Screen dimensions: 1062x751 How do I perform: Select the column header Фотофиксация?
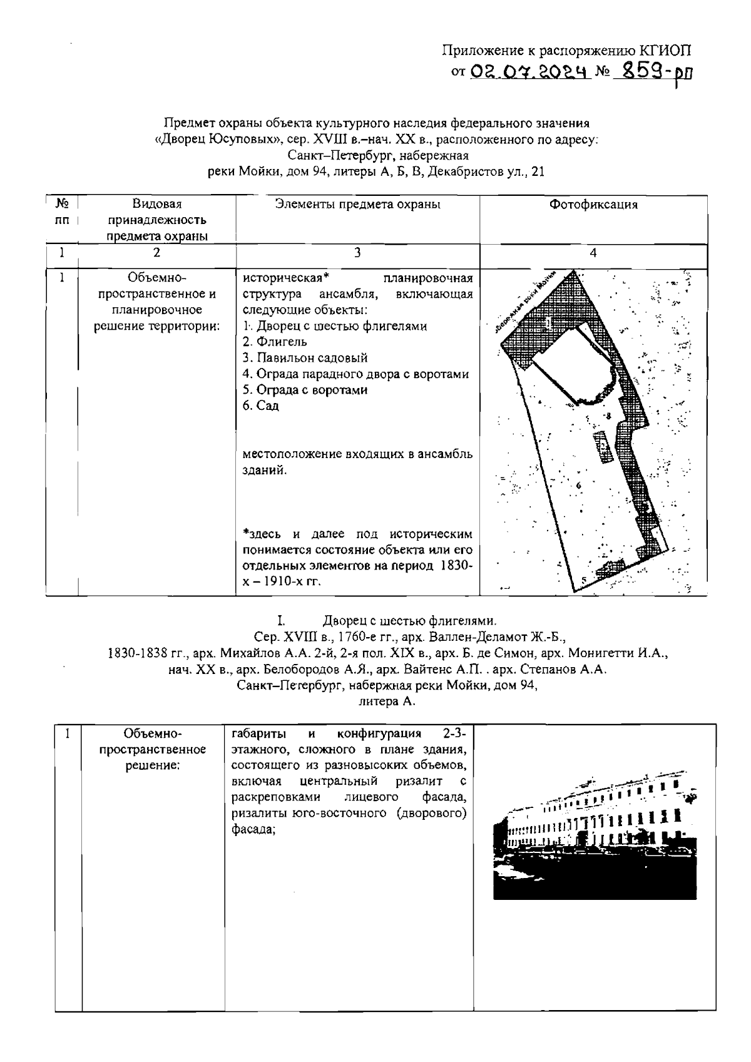[593, 205]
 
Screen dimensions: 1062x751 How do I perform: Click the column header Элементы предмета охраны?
[357, 205]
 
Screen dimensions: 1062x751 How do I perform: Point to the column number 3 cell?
[357, 253]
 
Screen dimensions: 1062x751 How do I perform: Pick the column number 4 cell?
[593, 253]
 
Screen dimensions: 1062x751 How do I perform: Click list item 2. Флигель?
[275, 342]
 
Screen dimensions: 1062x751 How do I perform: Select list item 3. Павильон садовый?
[305, 358]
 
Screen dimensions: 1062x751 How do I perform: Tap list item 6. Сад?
[260, 406]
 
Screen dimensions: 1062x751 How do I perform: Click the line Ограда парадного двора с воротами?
[356, 374]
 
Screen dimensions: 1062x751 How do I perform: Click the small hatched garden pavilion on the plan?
[602, 447]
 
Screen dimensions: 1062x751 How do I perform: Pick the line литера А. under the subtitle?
[387, 702]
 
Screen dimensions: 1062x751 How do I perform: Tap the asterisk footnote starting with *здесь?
[357, 558]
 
